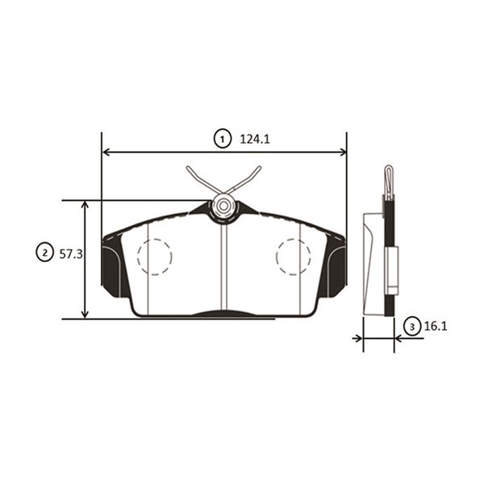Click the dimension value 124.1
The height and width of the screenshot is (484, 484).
pyautogui.click(x=255, y=140)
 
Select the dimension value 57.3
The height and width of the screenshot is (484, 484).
pyautogui.click(x=71, y=254)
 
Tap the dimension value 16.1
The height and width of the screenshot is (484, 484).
pyautogui.click(x=436, y=326)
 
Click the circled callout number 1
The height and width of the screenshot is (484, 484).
pyautogui.click(x=223, y=140)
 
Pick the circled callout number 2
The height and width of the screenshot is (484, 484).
pyautogui.click(x=45, y=253)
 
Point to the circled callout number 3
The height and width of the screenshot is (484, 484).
pyautogui.click(x=412, y=326)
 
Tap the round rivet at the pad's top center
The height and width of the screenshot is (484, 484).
pyautogui.click(x=223, y=206)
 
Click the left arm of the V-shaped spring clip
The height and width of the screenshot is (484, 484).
pyautogui.click(x=204, y=181)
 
